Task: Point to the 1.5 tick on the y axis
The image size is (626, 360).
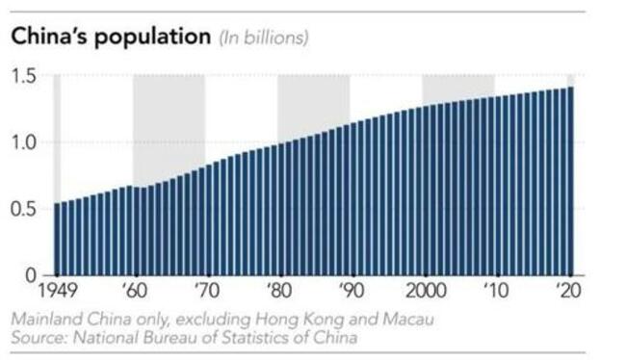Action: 30,76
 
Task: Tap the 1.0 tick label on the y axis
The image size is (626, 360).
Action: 30,142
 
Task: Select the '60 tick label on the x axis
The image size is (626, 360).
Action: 134,290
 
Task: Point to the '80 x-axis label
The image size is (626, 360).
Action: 278,290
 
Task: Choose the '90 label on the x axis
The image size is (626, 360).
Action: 351,290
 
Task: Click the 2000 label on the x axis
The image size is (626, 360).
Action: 425,290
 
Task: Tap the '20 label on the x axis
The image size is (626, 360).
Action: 568,290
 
